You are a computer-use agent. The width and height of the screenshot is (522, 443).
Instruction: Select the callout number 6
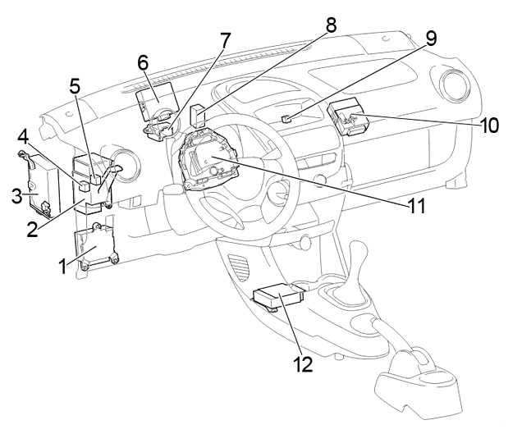(142, 62)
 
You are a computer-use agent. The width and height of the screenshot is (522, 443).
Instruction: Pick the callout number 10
(491, 126)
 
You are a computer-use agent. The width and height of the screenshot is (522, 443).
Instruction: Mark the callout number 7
(225, 39)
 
